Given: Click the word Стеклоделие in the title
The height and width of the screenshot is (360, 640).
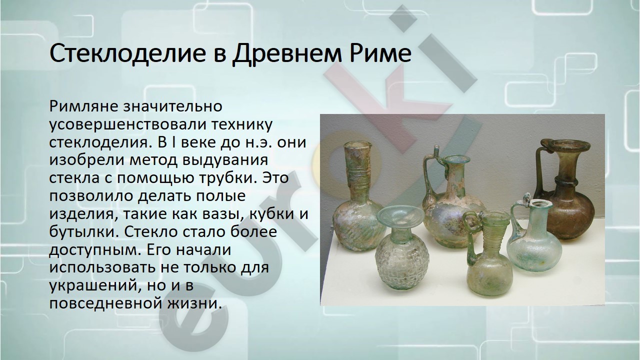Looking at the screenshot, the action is [x=127, y=53].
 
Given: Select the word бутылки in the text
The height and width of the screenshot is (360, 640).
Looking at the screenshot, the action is [x=84, y=231].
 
